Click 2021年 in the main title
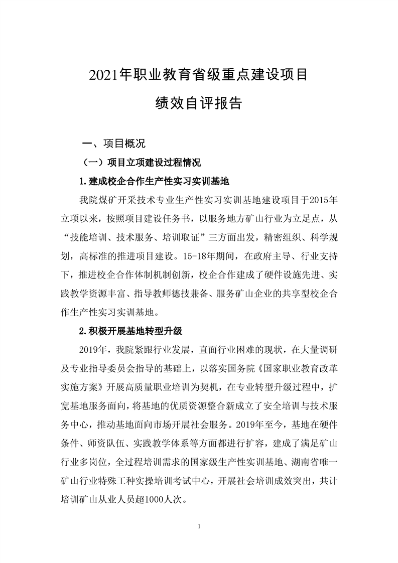pos(107,75)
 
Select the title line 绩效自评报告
pos(199,103)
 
